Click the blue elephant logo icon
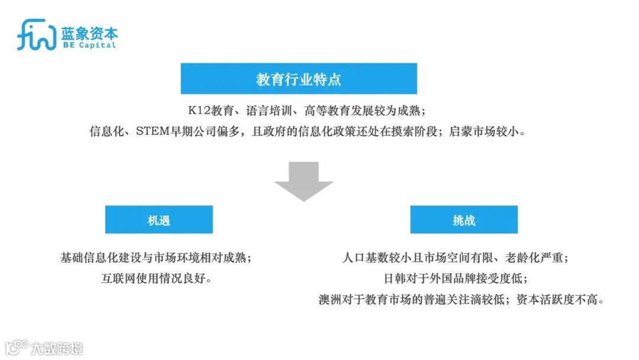click(36, 35)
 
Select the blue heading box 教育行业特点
click(299, 79)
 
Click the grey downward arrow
click(304, 181)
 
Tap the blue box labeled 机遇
click(159, 220)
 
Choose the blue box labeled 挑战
click(464, 220)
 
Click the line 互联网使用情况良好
click(156, 278)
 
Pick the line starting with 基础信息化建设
click(156, 258)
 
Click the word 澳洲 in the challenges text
click(330, 299)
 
